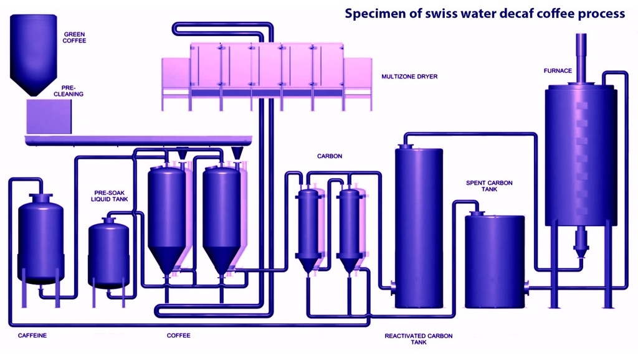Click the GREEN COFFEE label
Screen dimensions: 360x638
click(x=75, y=37)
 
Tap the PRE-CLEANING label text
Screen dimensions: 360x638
click(x=72, y=91)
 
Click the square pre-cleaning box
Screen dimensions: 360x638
click(x=49, y=116)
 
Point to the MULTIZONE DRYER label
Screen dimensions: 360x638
click(x=409, y=77)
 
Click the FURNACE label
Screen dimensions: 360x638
click(x=558, y=71)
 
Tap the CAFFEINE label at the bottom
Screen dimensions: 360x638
click(x=32, y=336)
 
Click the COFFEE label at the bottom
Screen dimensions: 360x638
click(x=179, y=336)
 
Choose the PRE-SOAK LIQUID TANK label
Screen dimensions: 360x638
click(x=110, y=196)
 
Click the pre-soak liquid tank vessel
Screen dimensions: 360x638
click(x=108, y=252)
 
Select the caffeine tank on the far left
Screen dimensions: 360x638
click(x=40, y=240)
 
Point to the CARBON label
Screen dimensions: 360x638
click(x=330, y=156)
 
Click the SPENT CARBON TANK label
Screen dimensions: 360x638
click(x=489, y=186)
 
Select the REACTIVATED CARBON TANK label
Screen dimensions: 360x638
click(x=418, y=339)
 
